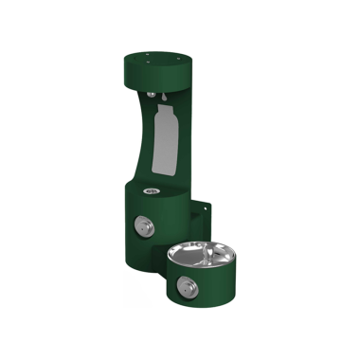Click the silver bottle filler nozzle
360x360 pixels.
point(153,93)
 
